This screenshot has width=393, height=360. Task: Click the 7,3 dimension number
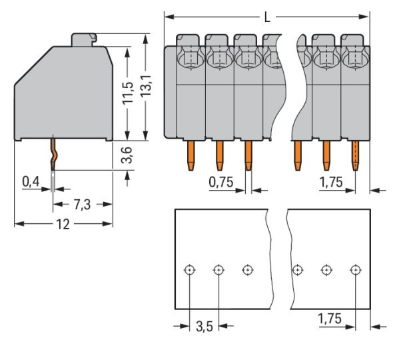pos(82,205)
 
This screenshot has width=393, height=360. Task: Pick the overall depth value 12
pos(63,224)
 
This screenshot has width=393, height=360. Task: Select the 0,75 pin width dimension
pos(220,181)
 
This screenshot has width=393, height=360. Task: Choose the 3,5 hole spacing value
pos(204,327)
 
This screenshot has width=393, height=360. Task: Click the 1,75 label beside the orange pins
pos(330,181)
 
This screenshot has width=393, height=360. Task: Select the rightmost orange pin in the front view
pos(355,155)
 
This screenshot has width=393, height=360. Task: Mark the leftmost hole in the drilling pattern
pos(190,270)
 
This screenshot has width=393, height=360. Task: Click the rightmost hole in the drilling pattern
pos(355,270)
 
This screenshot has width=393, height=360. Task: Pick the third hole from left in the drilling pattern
pos(247,270)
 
